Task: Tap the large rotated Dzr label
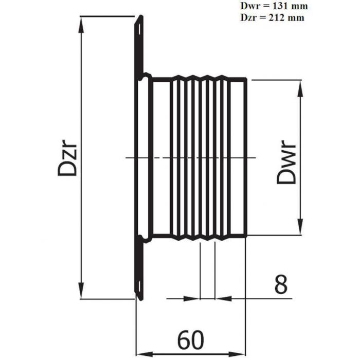(x=67, y=159)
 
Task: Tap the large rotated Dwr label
(x=286, y=161)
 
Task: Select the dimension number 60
(x=191, y=340)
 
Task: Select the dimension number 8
(x=281, y=285)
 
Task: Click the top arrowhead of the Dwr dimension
(x=300, y=88)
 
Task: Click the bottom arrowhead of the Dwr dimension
(x=300, y=226)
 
